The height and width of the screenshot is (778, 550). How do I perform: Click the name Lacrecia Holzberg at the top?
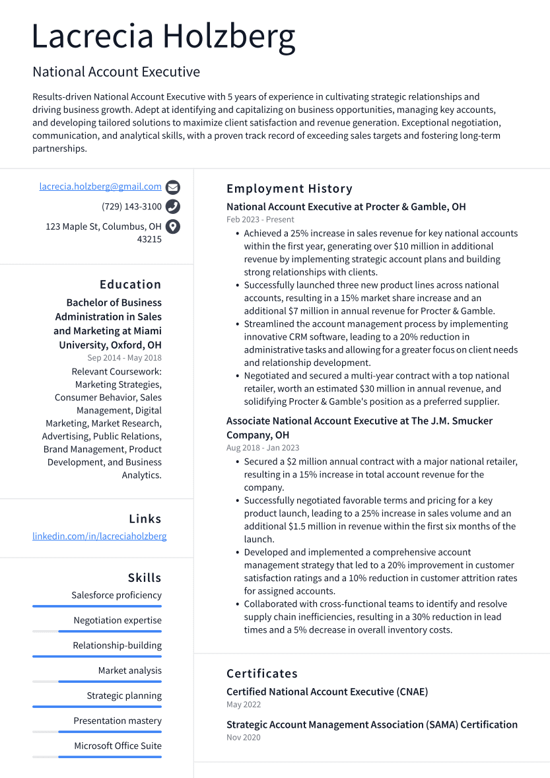(x=163, y=36)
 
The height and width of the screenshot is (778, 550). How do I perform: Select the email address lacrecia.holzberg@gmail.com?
(x=100, y=187)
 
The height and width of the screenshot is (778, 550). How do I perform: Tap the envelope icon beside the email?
(x=173, y=187)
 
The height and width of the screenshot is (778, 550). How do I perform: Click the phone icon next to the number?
(x=173, y=207)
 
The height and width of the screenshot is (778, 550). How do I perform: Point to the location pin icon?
(x=173, y=227)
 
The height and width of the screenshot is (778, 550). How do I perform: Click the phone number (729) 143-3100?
(x=131, y=207)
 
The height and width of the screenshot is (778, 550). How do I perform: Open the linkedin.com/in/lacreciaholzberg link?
(x=100, y=536)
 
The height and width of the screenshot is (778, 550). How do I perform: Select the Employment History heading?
(x=289, y=189)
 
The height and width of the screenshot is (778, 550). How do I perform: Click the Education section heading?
(x=130, y=285)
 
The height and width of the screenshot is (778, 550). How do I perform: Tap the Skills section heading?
(x=145, y=578)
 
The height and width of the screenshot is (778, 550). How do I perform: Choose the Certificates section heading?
(x=262, y=674)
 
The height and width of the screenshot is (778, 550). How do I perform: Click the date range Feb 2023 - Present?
(x=260, y=219)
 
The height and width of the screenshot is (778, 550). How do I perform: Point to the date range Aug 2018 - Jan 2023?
(x=263, y=448)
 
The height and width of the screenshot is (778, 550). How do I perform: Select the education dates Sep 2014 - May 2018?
(x=124, y=358)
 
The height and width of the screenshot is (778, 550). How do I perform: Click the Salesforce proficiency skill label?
(x=116, y=595)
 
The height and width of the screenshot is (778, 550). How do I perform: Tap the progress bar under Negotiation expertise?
(x=97, y=631)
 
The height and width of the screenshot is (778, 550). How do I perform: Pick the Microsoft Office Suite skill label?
(x=118, y=746)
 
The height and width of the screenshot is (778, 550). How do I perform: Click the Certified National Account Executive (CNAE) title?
(x=327, y=691)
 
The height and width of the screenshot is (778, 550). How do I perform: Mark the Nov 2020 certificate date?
(x=244, y=737)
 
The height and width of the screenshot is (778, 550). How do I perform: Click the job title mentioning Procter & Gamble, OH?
(x=346, y=207)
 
